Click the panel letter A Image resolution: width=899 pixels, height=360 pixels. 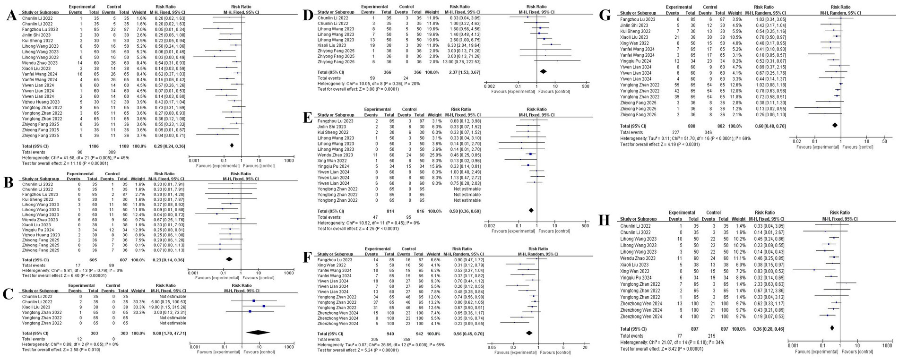10,17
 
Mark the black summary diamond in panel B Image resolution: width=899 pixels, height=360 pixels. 229,259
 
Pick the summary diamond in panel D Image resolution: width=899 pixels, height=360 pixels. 543,71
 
